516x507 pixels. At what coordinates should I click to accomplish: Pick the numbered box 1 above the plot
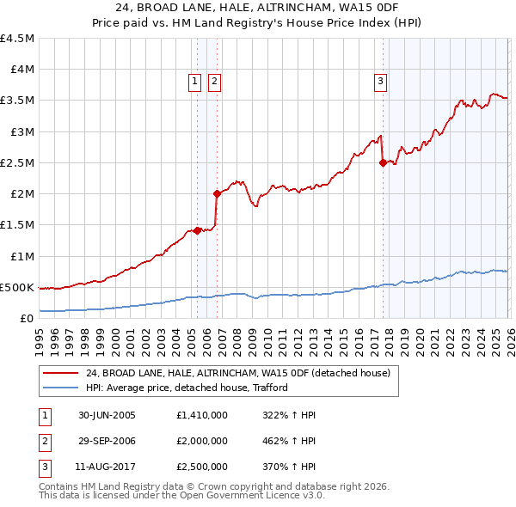[195, 82]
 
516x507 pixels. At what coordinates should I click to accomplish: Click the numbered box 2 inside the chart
[214, 82]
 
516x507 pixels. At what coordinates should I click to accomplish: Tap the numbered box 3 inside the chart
[380, 82]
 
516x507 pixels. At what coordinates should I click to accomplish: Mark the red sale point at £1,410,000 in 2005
[198, 230]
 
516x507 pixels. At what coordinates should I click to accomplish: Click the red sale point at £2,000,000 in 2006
[217, 194]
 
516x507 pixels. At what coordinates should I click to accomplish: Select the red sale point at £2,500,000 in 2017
[382, 163]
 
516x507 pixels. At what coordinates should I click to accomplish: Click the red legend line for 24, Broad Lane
[61, 373]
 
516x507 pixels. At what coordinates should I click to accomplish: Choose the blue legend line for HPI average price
[61, 388]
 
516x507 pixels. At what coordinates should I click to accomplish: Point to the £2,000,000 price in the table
[200, 441]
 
